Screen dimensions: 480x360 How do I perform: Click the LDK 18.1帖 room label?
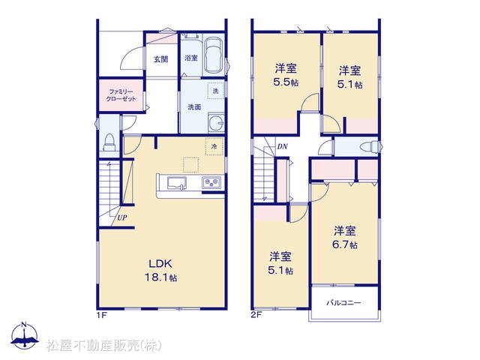click(x=161, y=270)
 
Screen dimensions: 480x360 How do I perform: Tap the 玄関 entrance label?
click(x=160, y=59)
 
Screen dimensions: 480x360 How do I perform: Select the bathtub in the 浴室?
click(x=214, y=55)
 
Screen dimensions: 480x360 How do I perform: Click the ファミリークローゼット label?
click(x=121, y=95)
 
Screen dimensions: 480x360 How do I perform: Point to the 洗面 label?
click(x=194, y=106)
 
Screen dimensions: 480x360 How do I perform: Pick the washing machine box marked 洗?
click(x=216, y=91)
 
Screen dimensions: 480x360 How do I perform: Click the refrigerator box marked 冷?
click(x=214, y=146)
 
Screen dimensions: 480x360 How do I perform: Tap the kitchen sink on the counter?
click(x=177, y=184)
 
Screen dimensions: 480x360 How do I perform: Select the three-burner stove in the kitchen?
click(x=211, y=183)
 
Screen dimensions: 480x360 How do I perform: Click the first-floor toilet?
click(x=109, y=142)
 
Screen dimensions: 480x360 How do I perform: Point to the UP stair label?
click(x=122, y=218)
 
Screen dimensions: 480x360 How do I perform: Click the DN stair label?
click(x=282, y=147)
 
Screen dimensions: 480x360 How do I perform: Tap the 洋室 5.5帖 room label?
click(x=286, y=75)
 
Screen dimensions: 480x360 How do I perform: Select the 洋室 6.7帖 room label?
click(x=345, y=238)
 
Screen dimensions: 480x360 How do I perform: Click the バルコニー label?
click(x=343, y=303)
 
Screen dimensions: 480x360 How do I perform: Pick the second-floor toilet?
click(x=369, y=147)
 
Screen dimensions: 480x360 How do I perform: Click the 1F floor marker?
click(x=102, y=315)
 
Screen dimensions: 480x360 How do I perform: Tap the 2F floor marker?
click(x=256, y=315)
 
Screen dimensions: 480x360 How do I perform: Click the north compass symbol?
click(x=25, y=336)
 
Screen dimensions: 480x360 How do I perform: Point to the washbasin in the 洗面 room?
click(x=217, y=123)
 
